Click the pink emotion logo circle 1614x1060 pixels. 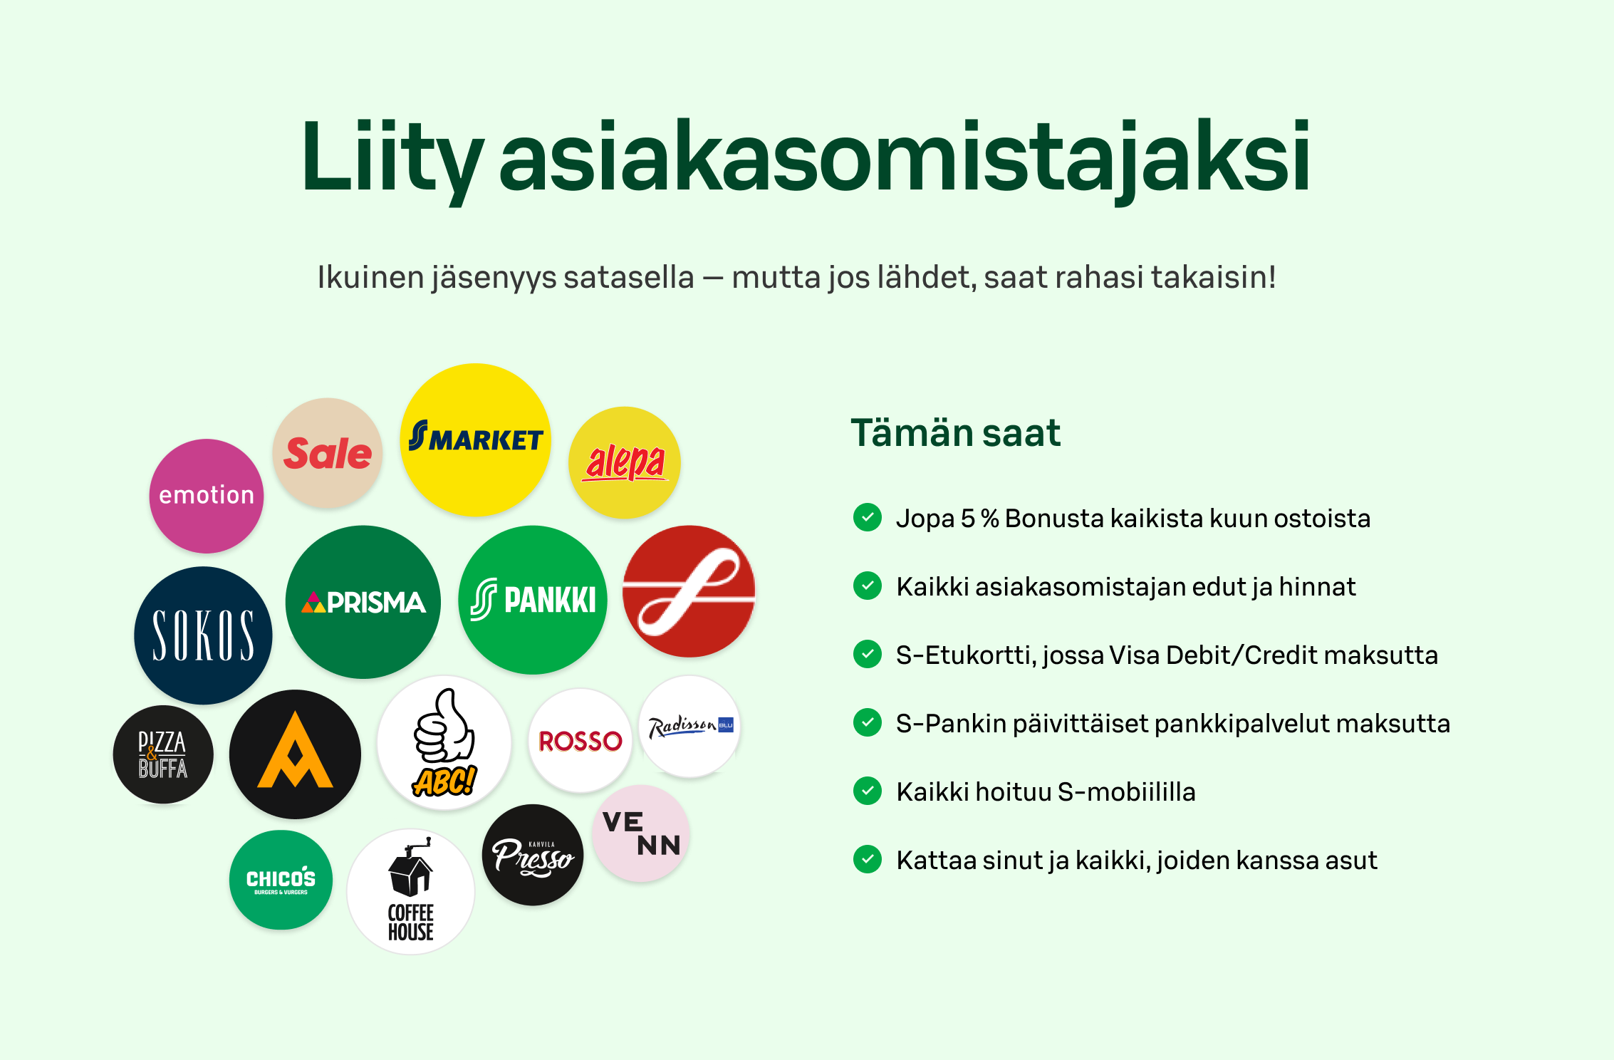207,496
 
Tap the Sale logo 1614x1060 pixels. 328,453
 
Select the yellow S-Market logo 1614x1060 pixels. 475,440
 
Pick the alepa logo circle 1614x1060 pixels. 625,462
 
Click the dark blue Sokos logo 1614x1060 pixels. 203,635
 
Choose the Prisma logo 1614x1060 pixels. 363,602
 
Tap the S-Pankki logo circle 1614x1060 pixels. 533,600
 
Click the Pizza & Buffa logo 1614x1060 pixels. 163,754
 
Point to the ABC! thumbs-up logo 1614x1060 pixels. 444,743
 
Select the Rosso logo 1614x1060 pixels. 580,741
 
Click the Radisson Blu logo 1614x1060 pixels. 689,726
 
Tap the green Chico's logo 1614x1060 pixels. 281,880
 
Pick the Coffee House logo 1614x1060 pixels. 411,891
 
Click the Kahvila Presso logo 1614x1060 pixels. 533,855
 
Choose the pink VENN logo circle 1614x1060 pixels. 641,833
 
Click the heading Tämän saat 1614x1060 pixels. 955,432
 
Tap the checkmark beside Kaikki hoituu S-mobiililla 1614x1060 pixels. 868,791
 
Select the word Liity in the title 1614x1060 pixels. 392,157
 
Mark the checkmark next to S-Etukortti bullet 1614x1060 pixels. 868,654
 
